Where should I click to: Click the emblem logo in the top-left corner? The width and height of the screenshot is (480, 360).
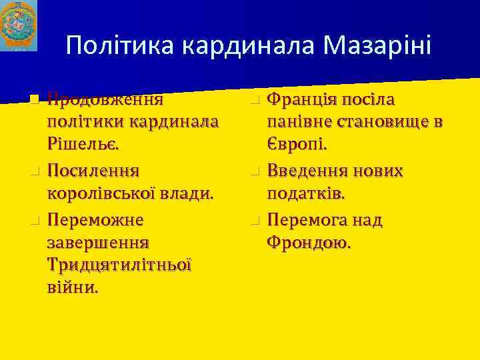pyautogui.click(x=18, y=25)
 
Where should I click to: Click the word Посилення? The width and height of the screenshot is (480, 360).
pyautogui.click(x=93, y=171)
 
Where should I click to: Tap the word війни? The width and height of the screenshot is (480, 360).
pyautogui.click(x=73, y=288)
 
